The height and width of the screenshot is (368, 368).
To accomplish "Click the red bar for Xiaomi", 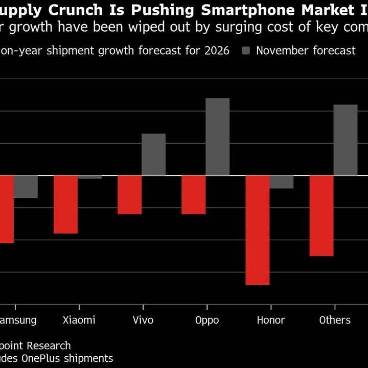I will pos(65,204).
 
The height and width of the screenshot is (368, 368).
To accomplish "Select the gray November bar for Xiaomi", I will pos(89,177).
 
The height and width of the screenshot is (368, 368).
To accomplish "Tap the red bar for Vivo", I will pos(129,195).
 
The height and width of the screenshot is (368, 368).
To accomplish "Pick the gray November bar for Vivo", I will pos(153,154).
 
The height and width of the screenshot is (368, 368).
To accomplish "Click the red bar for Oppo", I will pos(194,195).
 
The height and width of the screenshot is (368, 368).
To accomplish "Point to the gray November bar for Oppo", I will pos(217,137).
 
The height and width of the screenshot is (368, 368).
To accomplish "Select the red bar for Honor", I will pos(258,230).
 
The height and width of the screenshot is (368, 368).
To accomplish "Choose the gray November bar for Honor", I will pos(282,182).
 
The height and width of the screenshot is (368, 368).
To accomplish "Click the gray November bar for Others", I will pos(346,140).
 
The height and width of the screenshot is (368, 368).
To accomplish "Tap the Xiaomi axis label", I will pos(79,320).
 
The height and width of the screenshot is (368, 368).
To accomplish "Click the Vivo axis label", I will pos(143,320).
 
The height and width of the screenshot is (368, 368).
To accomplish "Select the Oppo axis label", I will pos(206,320).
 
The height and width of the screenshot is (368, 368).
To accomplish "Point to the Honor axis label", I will pos(270,320).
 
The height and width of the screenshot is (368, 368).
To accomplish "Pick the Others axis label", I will pos(335,320).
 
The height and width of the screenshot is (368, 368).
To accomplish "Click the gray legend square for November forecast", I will pos(246,51).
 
